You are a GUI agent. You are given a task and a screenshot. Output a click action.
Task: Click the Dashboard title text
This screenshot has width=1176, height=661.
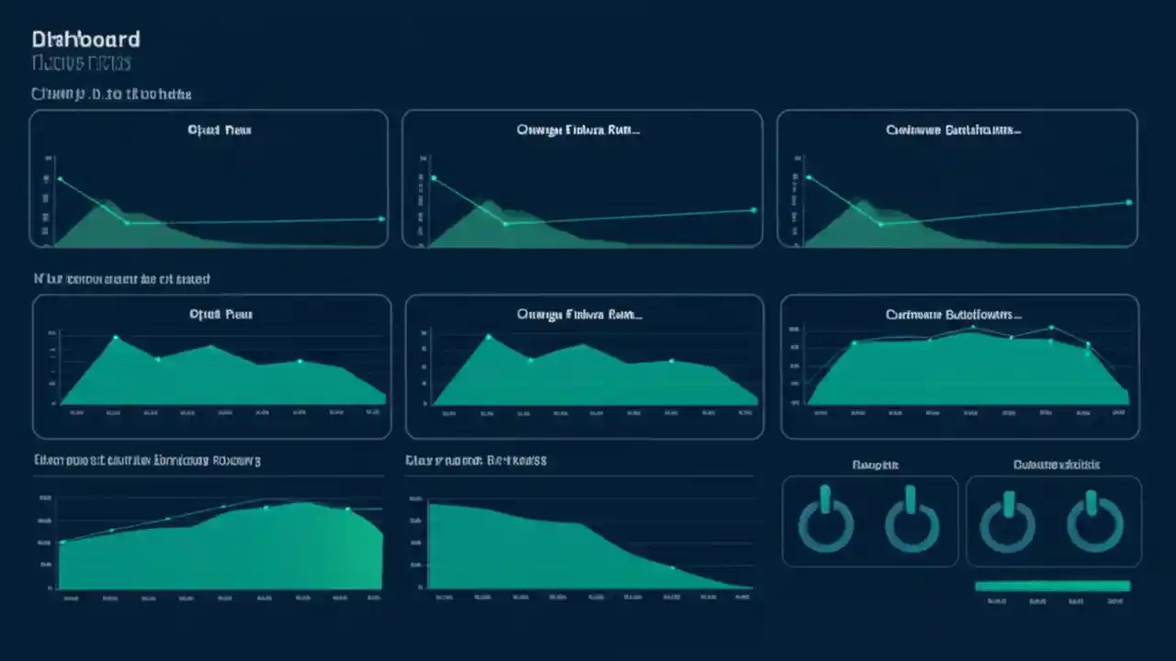(85, 39)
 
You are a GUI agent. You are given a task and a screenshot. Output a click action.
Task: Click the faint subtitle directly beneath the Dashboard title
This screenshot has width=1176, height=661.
(82, 63)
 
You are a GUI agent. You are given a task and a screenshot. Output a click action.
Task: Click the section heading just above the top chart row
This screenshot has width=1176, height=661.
(110, 94)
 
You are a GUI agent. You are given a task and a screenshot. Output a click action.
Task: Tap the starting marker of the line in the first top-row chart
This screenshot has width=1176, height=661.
(60, 179)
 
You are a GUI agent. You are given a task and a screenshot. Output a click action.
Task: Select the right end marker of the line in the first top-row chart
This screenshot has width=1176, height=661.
(381, 218)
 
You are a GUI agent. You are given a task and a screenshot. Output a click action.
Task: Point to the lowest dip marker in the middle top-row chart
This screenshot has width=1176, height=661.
(504, 223)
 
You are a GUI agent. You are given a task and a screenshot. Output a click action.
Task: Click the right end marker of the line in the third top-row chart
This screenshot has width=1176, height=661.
(1128, 202)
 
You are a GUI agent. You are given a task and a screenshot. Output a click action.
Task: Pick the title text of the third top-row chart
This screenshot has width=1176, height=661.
(953, 130)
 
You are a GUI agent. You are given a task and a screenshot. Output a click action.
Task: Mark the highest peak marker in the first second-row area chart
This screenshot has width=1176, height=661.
(116, 337)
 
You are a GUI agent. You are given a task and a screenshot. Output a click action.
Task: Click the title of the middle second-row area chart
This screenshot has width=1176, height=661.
(579, 314)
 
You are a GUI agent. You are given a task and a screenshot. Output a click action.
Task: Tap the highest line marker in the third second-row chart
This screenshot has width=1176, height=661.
(1051, 327)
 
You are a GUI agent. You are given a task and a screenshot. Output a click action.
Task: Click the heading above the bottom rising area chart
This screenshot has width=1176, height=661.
(147, 460)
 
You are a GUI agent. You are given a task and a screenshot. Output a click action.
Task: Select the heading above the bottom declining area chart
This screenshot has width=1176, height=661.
(476, 460)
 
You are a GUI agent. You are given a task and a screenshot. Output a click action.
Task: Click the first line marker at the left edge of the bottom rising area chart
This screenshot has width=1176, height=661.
(62, 542)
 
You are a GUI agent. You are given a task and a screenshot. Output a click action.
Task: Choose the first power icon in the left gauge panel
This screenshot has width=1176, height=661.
(825, 521)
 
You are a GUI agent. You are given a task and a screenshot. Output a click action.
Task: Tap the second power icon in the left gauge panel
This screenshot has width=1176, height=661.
(911, 521)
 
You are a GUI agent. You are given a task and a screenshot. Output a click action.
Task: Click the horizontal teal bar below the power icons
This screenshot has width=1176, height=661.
(1052, 586)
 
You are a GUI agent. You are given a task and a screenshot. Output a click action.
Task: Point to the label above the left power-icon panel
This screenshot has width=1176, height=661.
(875, 465)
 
